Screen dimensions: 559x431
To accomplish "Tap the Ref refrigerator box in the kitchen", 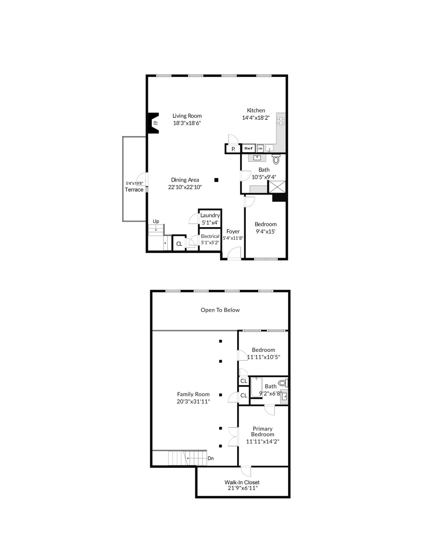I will pos(248,148).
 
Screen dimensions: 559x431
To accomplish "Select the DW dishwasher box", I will pos(260,148).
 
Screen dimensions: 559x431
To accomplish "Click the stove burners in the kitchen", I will pos(281,121).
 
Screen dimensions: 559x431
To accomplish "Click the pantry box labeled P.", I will pos(233,149).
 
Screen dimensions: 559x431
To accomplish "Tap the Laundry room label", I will pos(210,215).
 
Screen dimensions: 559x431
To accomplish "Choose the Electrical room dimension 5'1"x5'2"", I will pos(210,242).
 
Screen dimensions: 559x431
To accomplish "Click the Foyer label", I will pos(233,231).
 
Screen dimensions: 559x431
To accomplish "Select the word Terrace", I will pos(134,190).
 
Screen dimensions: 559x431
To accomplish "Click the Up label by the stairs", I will pos(156,221).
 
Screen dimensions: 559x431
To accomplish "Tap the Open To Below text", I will pos(220,310).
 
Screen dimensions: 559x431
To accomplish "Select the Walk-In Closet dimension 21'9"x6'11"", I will pos(242,488).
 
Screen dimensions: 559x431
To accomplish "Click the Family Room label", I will pos(193,394).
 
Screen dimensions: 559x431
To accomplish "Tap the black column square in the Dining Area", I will pos(216,180).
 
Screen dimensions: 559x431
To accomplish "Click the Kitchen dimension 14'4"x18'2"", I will pos(256,118).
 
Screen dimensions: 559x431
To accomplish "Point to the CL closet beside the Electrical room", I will pos(179,244).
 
